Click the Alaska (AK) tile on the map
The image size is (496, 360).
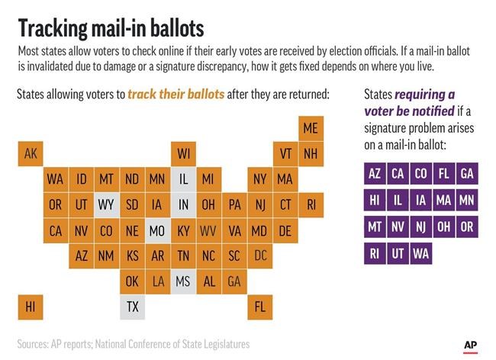coord(31,153)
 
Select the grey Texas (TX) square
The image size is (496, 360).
coord(132,307)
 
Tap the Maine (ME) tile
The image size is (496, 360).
coord(311,128)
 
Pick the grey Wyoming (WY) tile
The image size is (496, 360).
coord(106,204)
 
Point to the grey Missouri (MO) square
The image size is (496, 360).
coord(157,230)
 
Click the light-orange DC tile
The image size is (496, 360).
coord(260,256)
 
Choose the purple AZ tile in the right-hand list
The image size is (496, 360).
coord(375,173)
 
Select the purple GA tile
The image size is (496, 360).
coord(466,173)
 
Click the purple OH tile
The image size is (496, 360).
coord(443,227)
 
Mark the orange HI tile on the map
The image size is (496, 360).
coord(31,307)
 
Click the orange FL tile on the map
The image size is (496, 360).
coord(260,307)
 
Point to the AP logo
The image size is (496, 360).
coord(471,346)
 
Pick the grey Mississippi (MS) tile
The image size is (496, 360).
coord(183,281)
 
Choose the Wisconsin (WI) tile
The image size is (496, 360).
coord(183,153)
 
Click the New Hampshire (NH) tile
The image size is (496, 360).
coord(311,153)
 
